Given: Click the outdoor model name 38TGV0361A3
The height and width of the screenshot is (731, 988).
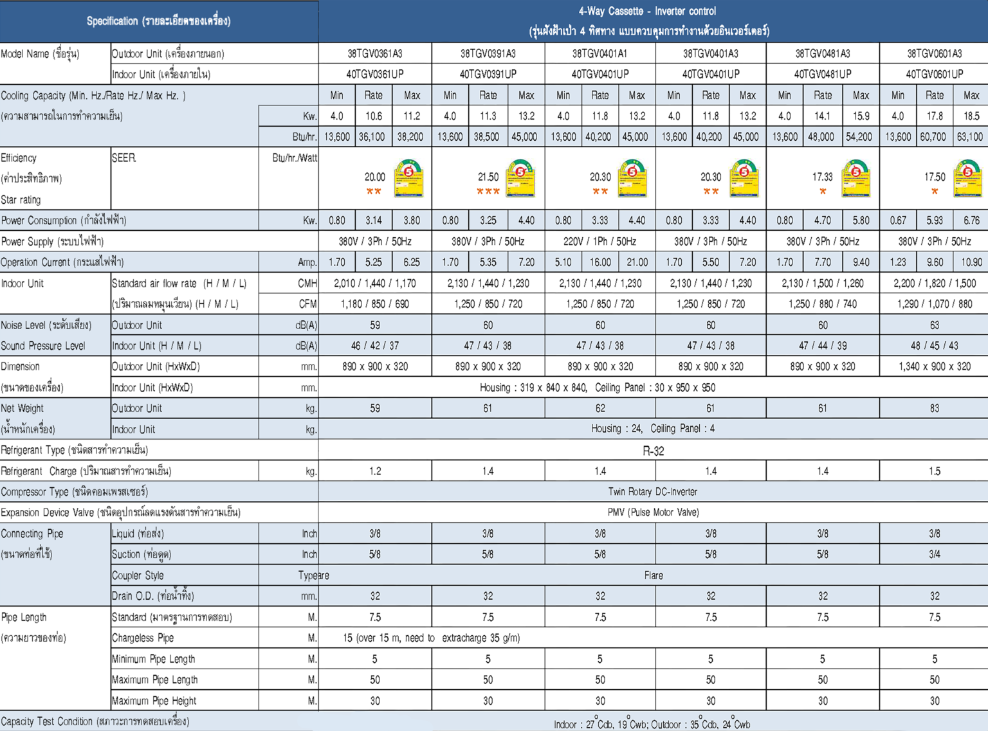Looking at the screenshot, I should pyautogui.click(x=375, y=53).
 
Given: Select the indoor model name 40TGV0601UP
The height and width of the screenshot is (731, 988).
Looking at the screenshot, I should pyautogui.click(x=935, y=74).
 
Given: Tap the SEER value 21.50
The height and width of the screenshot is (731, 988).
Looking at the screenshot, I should pyautogui.click(x=488, y=177).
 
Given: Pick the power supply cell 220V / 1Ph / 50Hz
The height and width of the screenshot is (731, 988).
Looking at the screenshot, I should pyautogui.click(x=599, y=242).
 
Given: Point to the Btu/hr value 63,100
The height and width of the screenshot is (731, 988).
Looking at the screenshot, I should pyautogui.click(x=970, y=137).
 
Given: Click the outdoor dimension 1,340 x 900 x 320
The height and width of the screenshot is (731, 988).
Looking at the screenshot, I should pyautogui.click(x=935, y=366).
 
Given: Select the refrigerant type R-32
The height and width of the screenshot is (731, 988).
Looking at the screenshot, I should pyautogui.click(x=653, y=451).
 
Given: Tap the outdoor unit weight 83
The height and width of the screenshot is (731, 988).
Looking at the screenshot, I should pyautogui.click(x=935, y=408).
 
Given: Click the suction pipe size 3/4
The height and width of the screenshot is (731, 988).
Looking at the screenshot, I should pyautogui.click(x=935, y=554).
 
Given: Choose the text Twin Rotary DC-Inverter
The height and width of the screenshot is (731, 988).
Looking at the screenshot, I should pyautogui.click(x=653, y=492).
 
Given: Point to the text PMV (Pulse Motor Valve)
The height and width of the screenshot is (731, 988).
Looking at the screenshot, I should pyautogui.click(x=653, y=512).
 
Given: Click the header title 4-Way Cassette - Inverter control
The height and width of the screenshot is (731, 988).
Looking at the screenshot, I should pyautogui.click(x=647, y=11).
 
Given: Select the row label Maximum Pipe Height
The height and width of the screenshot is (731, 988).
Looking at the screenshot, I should pyautogui.click(x=154, y=701).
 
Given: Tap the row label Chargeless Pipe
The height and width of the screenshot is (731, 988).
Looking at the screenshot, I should pyautogui.click(x=143, y=638).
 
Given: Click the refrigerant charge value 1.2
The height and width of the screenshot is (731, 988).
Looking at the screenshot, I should pyautogui.click(x=375, y=471).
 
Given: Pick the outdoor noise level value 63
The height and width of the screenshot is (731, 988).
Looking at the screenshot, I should pyautogui.click(x=935, y=325).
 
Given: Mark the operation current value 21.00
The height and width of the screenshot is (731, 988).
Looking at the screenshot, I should pyautogui.click(x=637, y=262).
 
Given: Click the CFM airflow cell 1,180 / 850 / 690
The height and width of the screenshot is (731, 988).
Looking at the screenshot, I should pyautogui.click(x=375, y=304).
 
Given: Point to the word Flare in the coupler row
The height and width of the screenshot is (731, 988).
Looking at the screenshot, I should pyautogui.click(x=653, y=575).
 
